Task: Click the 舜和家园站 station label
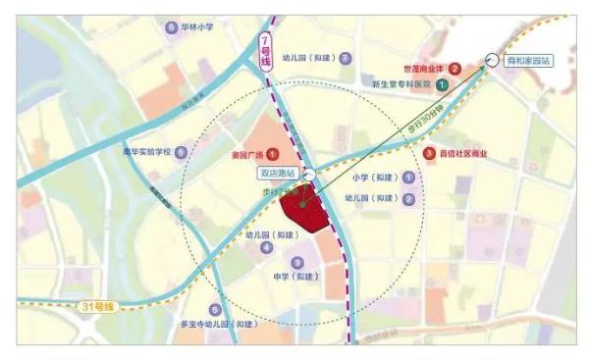[x=528, y=61]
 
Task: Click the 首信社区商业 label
[x=467, y=153]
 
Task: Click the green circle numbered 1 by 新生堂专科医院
[x=443, y=85]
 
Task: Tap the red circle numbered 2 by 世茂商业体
[x=455, y=69]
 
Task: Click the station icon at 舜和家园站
[x=491, y=59]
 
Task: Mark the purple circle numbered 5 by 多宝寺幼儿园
[x=215, y=310]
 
